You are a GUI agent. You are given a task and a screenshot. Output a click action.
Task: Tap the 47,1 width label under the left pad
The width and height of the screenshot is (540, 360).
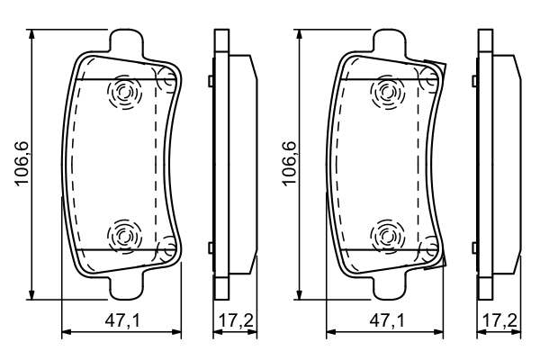point(121,319)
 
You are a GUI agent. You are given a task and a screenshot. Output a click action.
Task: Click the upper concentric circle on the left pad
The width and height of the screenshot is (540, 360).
point(121,93)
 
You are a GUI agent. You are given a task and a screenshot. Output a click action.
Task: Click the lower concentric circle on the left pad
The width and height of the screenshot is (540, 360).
point(121,237)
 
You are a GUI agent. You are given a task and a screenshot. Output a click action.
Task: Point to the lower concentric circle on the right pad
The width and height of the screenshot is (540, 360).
point(387,237)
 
